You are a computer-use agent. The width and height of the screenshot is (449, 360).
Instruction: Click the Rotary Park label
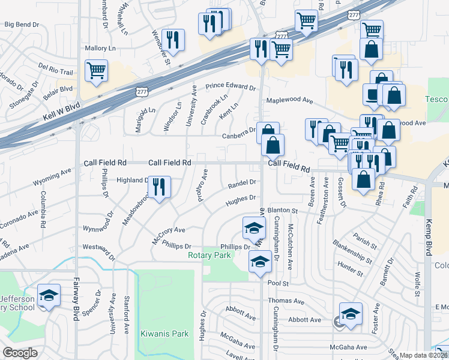tap(209, 255)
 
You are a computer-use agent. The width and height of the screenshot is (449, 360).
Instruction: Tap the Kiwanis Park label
tap(164, 334)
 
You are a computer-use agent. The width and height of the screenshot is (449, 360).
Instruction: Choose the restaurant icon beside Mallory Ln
tap(173, 40)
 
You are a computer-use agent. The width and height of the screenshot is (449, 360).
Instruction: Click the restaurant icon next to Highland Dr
tap(159, 187)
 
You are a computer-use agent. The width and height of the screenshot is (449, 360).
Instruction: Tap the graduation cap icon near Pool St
tap(260, 262)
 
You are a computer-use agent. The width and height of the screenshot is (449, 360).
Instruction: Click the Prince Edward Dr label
tap(231, 87)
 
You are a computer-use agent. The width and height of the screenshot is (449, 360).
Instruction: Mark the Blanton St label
tap(283, 211)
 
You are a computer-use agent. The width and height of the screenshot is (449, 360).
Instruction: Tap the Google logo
tap(20, 353)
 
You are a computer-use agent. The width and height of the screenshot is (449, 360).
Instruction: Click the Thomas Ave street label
tap(286, 301)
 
